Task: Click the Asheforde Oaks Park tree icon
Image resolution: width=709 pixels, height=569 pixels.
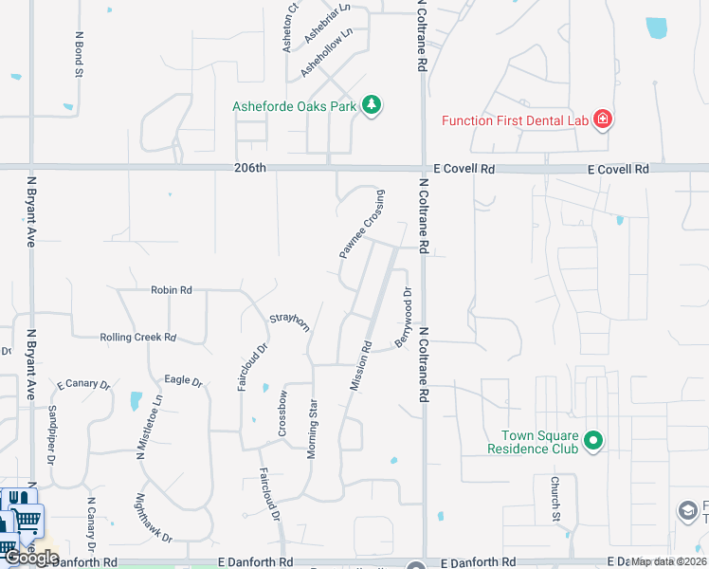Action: pos(373,105)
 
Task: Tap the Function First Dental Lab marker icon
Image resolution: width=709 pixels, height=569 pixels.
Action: pos(602,119)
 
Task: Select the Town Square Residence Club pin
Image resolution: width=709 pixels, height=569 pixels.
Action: pos(593,441)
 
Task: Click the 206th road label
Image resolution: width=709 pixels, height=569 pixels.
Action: pos(251,169)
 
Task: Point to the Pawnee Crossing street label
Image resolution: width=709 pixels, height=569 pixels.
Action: pos(362,226)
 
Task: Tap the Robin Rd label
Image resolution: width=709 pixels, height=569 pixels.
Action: pos(172,290)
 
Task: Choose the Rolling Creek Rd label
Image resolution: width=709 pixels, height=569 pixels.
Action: pos(138,337)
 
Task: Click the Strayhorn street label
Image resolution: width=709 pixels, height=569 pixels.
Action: pos(289,323)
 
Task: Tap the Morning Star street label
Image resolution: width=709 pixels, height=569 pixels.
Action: pos(312,429)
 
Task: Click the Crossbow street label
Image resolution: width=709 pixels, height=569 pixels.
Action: pos(282,413)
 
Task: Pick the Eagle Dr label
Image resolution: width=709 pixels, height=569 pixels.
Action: pos(184,381)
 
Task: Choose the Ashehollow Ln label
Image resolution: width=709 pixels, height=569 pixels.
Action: pos(326,52)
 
